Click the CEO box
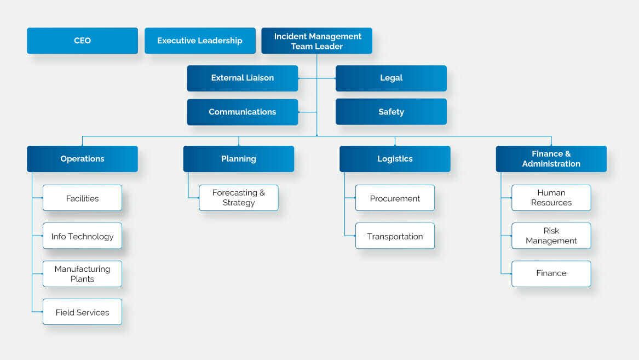(x=82, y=41)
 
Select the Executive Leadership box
(x=200, y=41)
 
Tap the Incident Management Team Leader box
(x=316, y=41)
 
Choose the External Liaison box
(x=242, y=78)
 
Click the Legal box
(x=391, y=78)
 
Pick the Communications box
(x=242, y=112)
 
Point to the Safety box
(x=391, y=112)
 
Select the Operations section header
(x=82, y=159)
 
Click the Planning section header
(x=238, y=159)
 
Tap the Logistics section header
(x=395, y=159)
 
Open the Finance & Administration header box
(x=551, y=159)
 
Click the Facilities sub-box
(x=82, y=198)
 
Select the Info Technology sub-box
(x=82, y=236)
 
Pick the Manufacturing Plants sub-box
(x=82, y=274)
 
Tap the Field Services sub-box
(x=82, y=312)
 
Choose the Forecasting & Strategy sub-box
(x=238, y=198)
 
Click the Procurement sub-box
(x=395, y=198)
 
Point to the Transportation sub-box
(x=395, y=236)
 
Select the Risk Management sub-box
(x=551, y=236)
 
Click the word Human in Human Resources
(x=551, y=193)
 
